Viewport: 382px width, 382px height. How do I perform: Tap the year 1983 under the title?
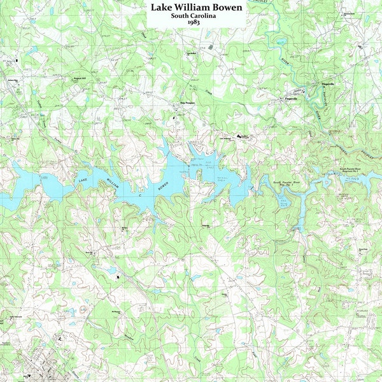[x=194, y=23]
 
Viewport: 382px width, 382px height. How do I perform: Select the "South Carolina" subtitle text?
[x=194, y=16]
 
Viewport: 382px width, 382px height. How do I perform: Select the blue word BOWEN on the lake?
[x=164, y=184]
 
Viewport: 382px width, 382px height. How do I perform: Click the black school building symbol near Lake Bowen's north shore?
[x=240, y=136]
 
